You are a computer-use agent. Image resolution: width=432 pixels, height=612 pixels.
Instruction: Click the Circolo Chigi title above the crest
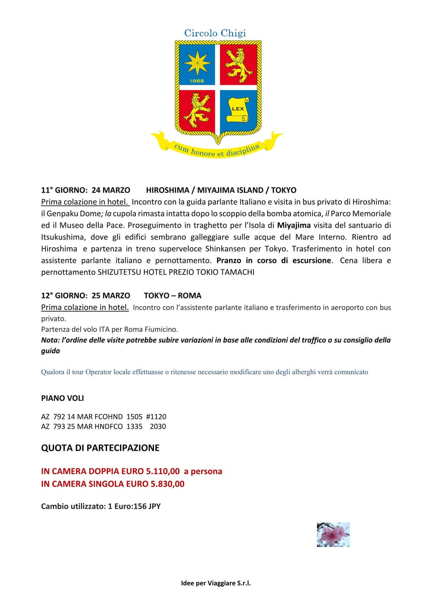[x=215, y=33]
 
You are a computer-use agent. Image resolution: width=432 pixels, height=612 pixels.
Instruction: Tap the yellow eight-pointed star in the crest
[x=197, y=62]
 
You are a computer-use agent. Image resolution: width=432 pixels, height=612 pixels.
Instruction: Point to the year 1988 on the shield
[x=197, y=81]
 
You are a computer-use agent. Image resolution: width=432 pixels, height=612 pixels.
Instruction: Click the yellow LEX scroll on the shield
[x=238, y=109]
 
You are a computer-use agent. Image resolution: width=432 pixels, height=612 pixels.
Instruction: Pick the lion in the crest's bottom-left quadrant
[x=197, y=108]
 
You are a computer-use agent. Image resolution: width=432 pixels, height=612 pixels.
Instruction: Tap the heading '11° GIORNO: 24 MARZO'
[x=86, y=190]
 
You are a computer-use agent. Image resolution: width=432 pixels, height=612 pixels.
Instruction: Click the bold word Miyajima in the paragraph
[x=294, y=225]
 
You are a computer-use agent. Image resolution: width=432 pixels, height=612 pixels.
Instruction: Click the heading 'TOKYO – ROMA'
[x=172, y=295]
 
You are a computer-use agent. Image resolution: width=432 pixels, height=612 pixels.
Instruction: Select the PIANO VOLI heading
[x=62, y=398]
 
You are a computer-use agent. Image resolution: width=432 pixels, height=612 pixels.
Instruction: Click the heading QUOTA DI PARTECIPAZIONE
[x=100, y=448]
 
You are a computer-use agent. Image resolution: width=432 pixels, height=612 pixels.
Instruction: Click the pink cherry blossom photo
[x=333, y=535]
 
